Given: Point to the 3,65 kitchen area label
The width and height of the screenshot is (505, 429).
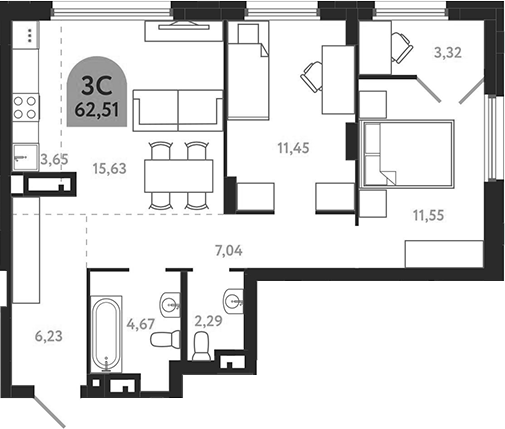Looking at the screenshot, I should (x=53, y=158).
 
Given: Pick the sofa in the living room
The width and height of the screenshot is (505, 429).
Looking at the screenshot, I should (x=178, y=106).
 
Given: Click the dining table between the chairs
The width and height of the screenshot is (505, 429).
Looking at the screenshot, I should (x=181, y=177).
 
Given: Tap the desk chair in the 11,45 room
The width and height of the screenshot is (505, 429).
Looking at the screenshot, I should (x=312, y=74).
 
